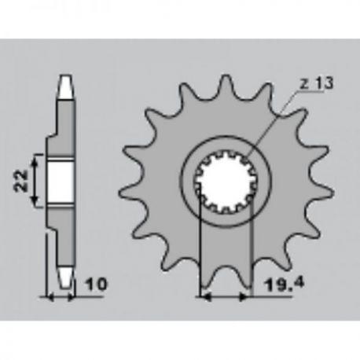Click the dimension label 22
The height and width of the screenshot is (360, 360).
click(x=21, y=181)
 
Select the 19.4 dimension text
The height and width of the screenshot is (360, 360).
click(x=285, y=285)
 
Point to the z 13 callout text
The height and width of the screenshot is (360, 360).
click(x=317, y=83)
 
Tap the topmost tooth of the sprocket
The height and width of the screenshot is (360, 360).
click(x=226, y=84)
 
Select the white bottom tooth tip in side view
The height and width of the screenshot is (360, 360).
click(x=64, y=277)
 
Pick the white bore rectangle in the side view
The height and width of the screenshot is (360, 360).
click(x=60, y=182)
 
